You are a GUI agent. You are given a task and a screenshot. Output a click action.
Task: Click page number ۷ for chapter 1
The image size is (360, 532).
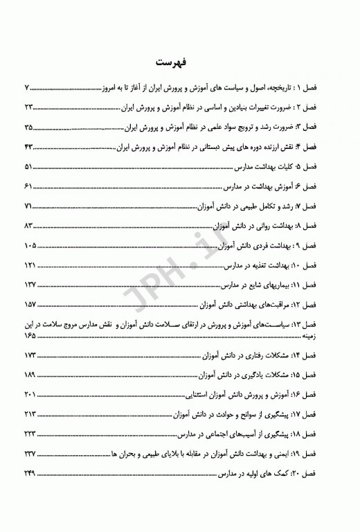coord(27,89)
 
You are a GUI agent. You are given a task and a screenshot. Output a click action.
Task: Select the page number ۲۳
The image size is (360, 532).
coord(28,109)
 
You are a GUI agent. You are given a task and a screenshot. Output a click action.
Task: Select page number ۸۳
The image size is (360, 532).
coord(28,227)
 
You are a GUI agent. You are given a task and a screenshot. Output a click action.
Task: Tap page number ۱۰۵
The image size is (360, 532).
coord(30,246)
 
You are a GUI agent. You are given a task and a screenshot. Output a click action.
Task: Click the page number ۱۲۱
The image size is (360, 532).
coord(30,266)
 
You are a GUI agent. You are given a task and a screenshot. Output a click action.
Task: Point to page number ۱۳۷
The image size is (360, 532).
coord(30,285)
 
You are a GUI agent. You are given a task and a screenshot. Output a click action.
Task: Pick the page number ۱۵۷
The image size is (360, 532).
coord(30,305)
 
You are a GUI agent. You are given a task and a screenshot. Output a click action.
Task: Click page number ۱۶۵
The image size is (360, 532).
coord(30,335)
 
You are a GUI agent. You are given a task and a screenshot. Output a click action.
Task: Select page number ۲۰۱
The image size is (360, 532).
coord(30,393)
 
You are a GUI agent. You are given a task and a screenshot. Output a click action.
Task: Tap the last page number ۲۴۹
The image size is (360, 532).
coord(30,472)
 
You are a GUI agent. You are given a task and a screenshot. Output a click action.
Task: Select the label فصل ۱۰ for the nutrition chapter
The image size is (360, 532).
coord(324,266)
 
